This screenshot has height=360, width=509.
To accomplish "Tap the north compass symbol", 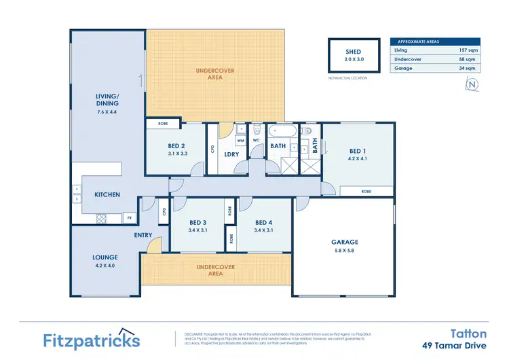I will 472,85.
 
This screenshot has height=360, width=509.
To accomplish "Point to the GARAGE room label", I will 344,242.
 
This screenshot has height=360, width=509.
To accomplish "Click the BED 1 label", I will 358,151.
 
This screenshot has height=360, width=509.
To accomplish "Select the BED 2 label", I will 177,146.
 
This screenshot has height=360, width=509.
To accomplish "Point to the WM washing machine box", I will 240,141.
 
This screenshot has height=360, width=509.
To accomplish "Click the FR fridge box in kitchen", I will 128,218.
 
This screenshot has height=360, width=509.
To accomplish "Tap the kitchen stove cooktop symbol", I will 103,218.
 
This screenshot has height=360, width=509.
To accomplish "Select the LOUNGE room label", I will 105,257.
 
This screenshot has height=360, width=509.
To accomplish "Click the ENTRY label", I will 143,235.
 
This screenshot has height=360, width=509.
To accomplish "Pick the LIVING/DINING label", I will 107,101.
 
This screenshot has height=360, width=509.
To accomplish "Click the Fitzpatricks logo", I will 92,340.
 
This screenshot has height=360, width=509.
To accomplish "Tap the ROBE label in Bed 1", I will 366,192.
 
